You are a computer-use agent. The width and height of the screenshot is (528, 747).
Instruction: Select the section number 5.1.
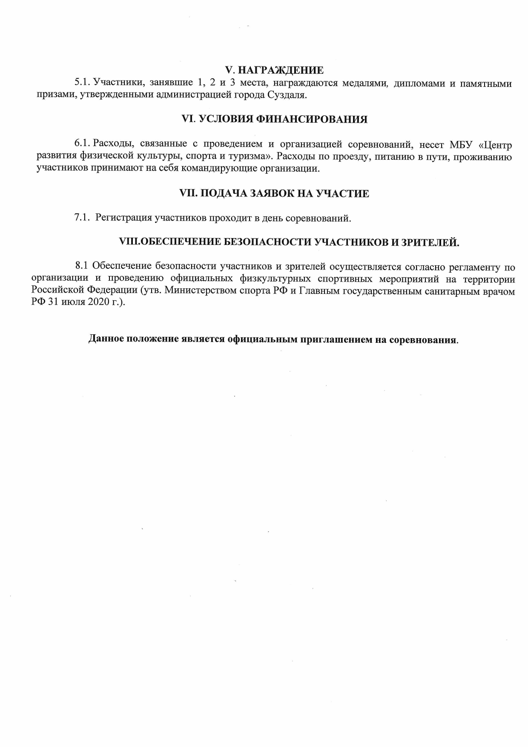coord(82,83)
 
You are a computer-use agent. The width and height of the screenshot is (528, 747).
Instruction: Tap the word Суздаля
coord(287,95)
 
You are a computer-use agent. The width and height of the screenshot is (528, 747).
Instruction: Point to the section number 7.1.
coord(82,218)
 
